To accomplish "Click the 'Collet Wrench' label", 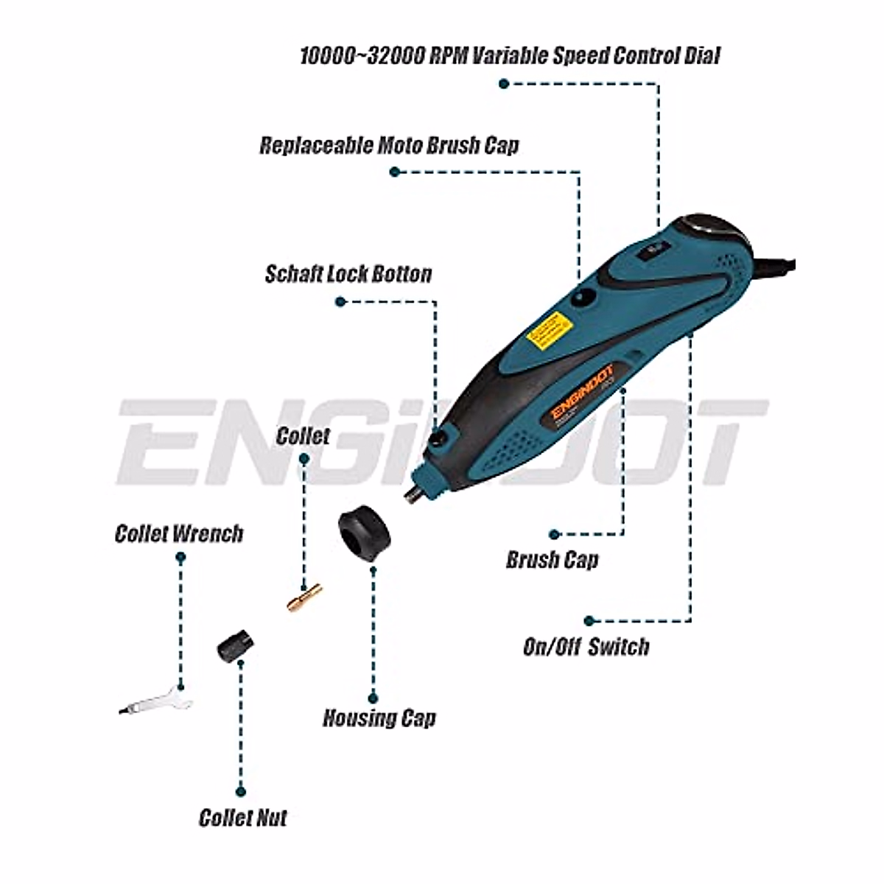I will (x=178, y=533).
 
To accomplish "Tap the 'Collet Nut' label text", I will (x=242, y=818).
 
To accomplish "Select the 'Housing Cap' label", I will (x=379, y=718).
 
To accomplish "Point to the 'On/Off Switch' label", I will (x=586, y=647).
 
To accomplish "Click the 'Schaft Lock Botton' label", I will (x=348, y=274).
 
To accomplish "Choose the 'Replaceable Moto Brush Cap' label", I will (x=389, y=144).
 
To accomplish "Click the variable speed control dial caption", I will (x=510, y=56).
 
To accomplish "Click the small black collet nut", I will (x=236, y=645).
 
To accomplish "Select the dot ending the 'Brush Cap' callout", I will (x=554, y=535).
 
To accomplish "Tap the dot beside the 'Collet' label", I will (x=304, y=458).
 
